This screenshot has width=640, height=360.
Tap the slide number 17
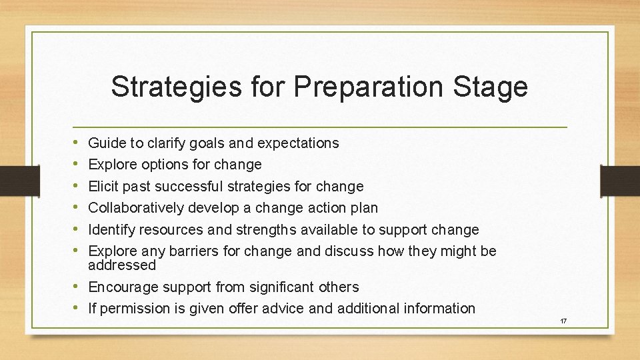coord(563,321)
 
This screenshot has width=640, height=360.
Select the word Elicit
coord(104,186)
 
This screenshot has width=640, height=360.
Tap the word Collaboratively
coord(136,207)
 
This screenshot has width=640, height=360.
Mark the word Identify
coord(111,229)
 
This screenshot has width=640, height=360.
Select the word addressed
coord(122,265)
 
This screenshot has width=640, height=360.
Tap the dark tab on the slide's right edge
coord(619,181)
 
